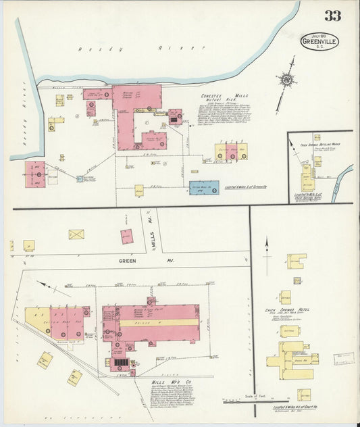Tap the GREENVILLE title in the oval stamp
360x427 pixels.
[x=319, y=43]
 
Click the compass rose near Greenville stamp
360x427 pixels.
[x=287, y=80]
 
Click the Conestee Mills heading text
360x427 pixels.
[x=222, y=97]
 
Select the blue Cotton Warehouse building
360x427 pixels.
[x=203, y=188]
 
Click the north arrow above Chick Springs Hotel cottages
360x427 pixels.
[x=267, y=247]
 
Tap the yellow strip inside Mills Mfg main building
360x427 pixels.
[x=159, y=323]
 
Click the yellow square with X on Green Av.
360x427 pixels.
[x=76, y=234]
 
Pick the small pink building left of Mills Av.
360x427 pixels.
[x=126, y=236]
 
